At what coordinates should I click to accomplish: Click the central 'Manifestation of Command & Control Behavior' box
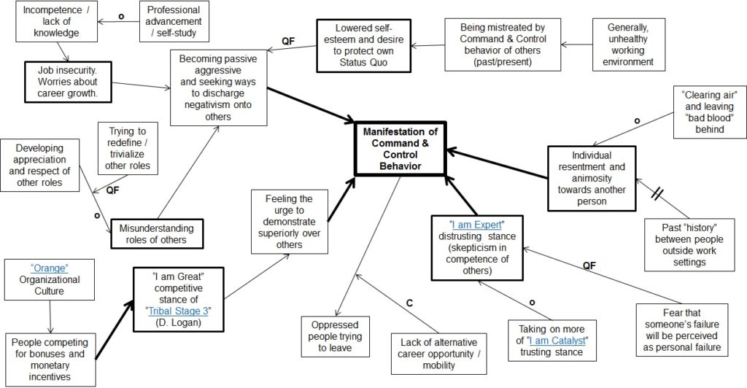pos(400,149)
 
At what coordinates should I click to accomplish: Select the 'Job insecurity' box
pos(68,82)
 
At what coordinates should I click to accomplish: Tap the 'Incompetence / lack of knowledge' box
pos(57,21)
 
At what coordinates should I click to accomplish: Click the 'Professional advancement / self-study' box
pos(174,21)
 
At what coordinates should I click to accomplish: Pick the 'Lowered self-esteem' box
pos(363,46)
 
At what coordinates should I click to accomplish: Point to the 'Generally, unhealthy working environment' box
pos(628,44)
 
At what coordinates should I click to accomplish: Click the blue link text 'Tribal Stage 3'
pos(178,311)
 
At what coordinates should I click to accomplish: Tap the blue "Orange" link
pos(49,268)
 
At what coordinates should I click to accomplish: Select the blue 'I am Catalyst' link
pos(558,341)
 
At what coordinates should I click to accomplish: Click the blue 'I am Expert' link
pos(476,225)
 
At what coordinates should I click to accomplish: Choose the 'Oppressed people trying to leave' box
pos(336,337)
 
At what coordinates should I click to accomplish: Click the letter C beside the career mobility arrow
pos(409,303)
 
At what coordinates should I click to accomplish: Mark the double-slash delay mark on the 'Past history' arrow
pos(657,194)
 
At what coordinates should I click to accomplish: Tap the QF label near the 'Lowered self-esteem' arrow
pos(288,42)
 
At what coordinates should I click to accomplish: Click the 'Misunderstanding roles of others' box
pos(157,234)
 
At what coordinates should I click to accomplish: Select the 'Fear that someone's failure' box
pos(682,330)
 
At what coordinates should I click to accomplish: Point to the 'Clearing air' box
pos(709,112)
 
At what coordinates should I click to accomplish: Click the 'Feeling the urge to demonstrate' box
pos(289,222)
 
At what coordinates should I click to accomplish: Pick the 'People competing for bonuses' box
pos(50,360)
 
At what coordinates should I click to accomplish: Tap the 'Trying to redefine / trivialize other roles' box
pos(127,149)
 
